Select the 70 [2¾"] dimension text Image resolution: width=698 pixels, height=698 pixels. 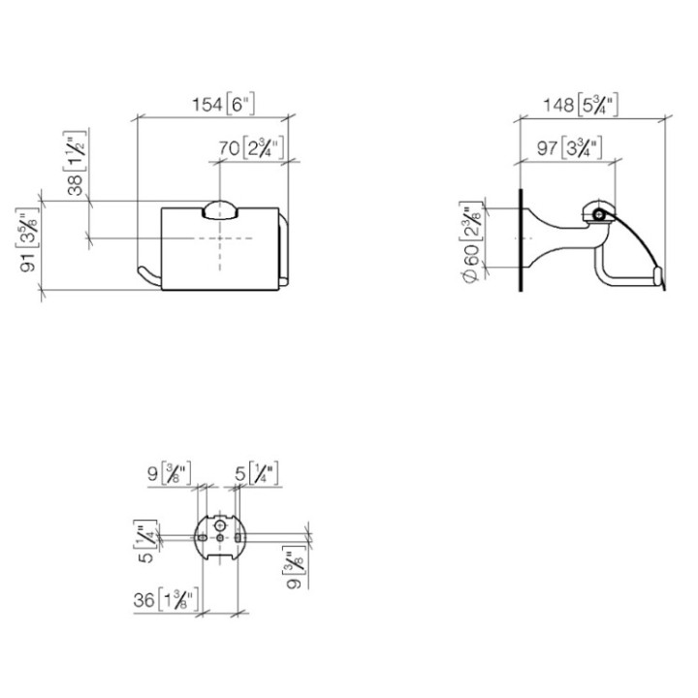pos(249,148)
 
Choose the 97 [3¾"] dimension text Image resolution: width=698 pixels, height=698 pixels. pos(570,147)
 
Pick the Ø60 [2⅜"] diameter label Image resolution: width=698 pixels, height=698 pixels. pos(468,242)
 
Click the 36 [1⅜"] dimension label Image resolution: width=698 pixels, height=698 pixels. pos(166,600)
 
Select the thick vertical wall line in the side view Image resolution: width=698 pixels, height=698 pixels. pos(523,238)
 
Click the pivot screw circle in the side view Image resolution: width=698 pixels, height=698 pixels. pos(600,214)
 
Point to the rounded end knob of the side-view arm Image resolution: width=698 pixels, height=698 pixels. pos(659,279)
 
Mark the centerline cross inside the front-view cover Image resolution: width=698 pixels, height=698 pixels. pos(221,237)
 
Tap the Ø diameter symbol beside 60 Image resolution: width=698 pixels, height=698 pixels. pos(468,274)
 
